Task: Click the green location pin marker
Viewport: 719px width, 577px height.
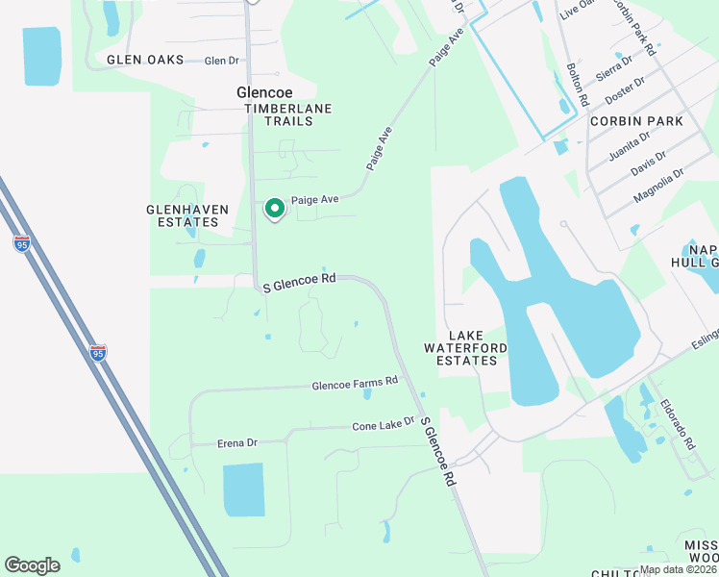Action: point(274,208)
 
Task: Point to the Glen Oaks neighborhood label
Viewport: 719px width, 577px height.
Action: point(144,60)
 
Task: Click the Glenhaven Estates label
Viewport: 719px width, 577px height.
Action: point(182,215)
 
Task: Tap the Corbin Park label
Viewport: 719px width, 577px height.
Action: point(636,121)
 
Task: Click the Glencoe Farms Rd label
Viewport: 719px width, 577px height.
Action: point(354,384)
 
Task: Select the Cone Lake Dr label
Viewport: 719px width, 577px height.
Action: point(383,424)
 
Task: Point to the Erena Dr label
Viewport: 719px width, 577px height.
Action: point(211,442)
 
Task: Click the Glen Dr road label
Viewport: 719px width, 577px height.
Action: point(222,61)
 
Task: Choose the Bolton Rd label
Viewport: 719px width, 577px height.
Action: point(577,84)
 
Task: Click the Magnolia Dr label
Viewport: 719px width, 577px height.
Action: point(658,186)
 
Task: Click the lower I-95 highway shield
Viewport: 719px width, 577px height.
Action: point(98,353)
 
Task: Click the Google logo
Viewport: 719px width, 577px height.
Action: point(32,564)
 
